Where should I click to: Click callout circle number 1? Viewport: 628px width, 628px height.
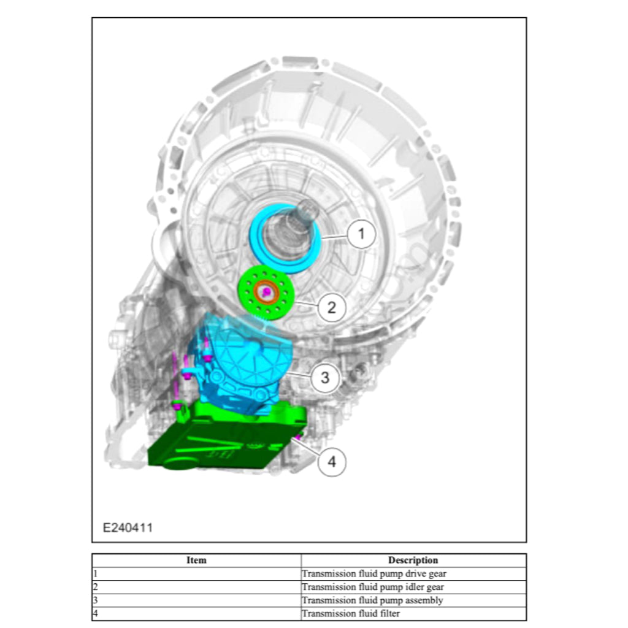361,234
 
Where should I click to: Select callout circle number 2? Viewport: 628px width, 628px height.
332,307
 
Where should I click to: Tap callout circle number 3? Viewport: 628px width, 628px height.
324,378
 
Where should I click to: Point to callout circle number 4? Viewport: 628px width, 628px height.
332,461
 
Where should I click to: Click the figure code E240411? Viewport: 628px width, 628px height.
128,527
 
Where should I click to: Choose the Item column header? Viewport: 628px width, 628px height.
196,560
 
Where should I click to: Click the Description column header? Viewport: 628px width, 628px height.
413,560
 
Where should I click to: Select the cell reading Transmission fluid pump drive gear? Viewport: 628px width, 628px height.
374,574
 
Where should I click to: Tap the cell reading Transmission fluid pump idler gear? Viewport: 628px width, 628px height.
373,587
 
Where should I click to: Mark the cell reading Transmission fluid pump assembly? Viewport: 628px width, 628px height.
372,600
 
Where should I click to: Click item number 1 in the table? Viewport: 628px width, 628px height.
95,574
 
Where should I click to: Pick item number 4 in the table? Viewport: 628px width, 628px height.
96,613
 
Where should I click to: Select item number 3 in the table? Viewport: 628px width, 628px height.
96,600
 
